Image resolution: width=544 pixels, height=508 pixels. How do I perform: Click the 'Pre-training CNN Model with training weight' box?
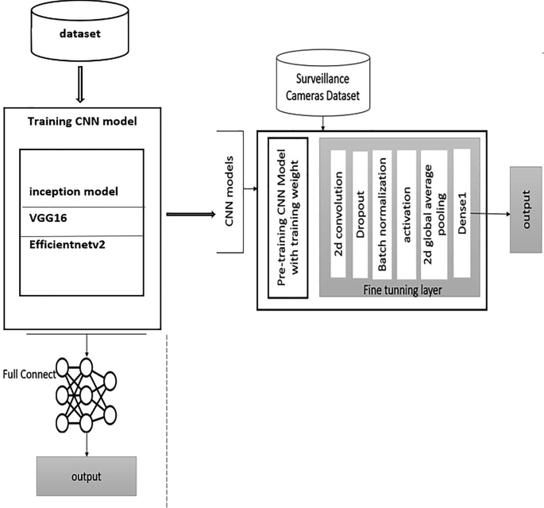pos(287,216)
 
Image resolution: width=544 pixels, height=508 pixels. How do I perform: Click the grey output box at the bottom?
pos(86,475)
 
